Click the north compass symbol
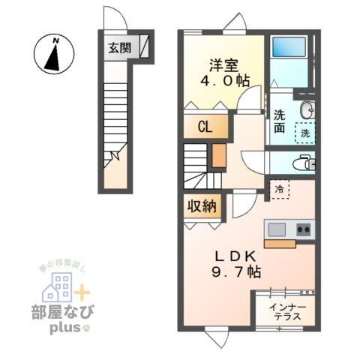coord(55,54)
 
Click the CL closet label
coord(204,127)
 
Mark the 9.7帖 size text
coord(235,273)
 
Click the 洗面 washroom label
coord(279,121)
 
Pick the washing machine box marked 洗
coord(304,132)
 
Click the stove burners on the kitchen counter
coord(303,229)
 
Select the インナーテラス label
coord(287,311)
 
